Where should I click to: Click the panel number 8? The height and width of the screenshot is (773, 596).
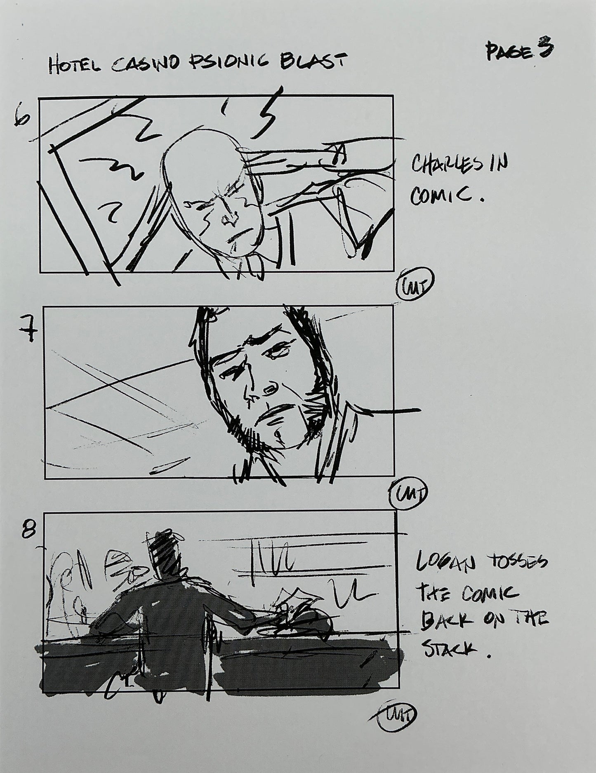[29, 531]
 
